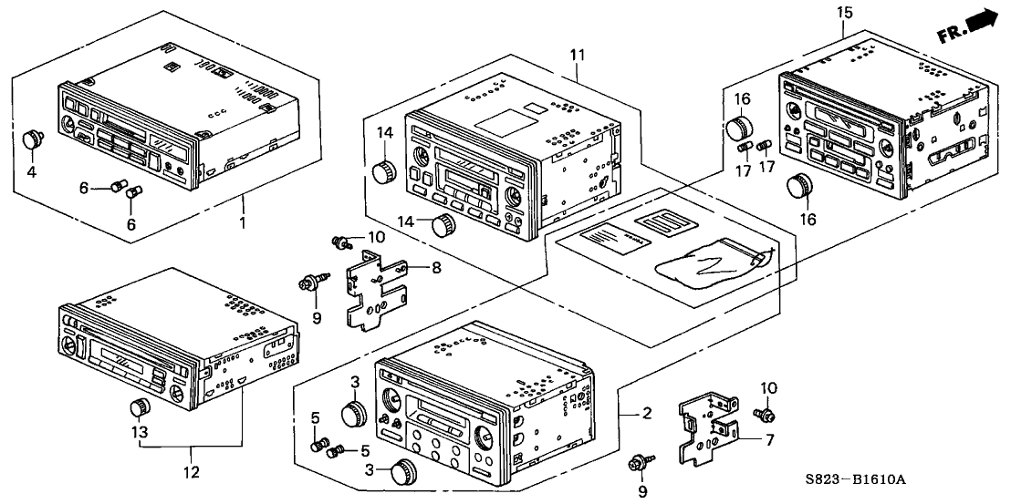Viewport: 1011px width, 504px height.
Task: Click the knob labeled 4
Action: pyautogui.click(x=35, y=139)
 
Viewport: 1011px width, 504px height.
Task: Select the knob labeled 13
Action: pyautogui.click(x=140, y=406)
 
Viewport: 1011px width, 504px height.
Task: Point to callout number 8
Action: pyautogui.click(x=435, y=268)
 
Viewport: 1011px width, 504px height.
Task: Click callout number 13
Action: pyautogui.click(x=140, y=432)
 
